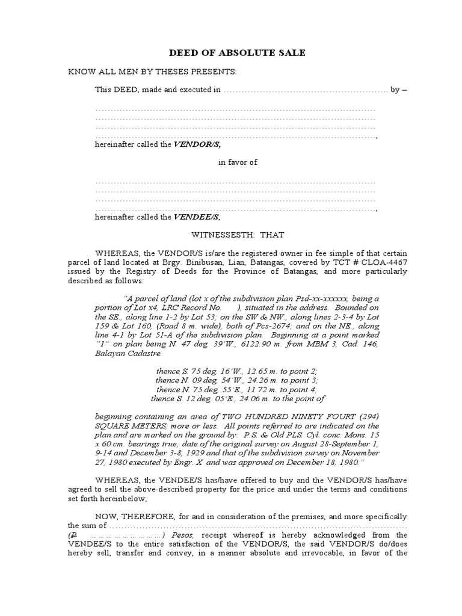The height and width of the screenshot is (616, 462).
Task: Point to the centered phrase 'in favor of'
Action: [x=238, y=162]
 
